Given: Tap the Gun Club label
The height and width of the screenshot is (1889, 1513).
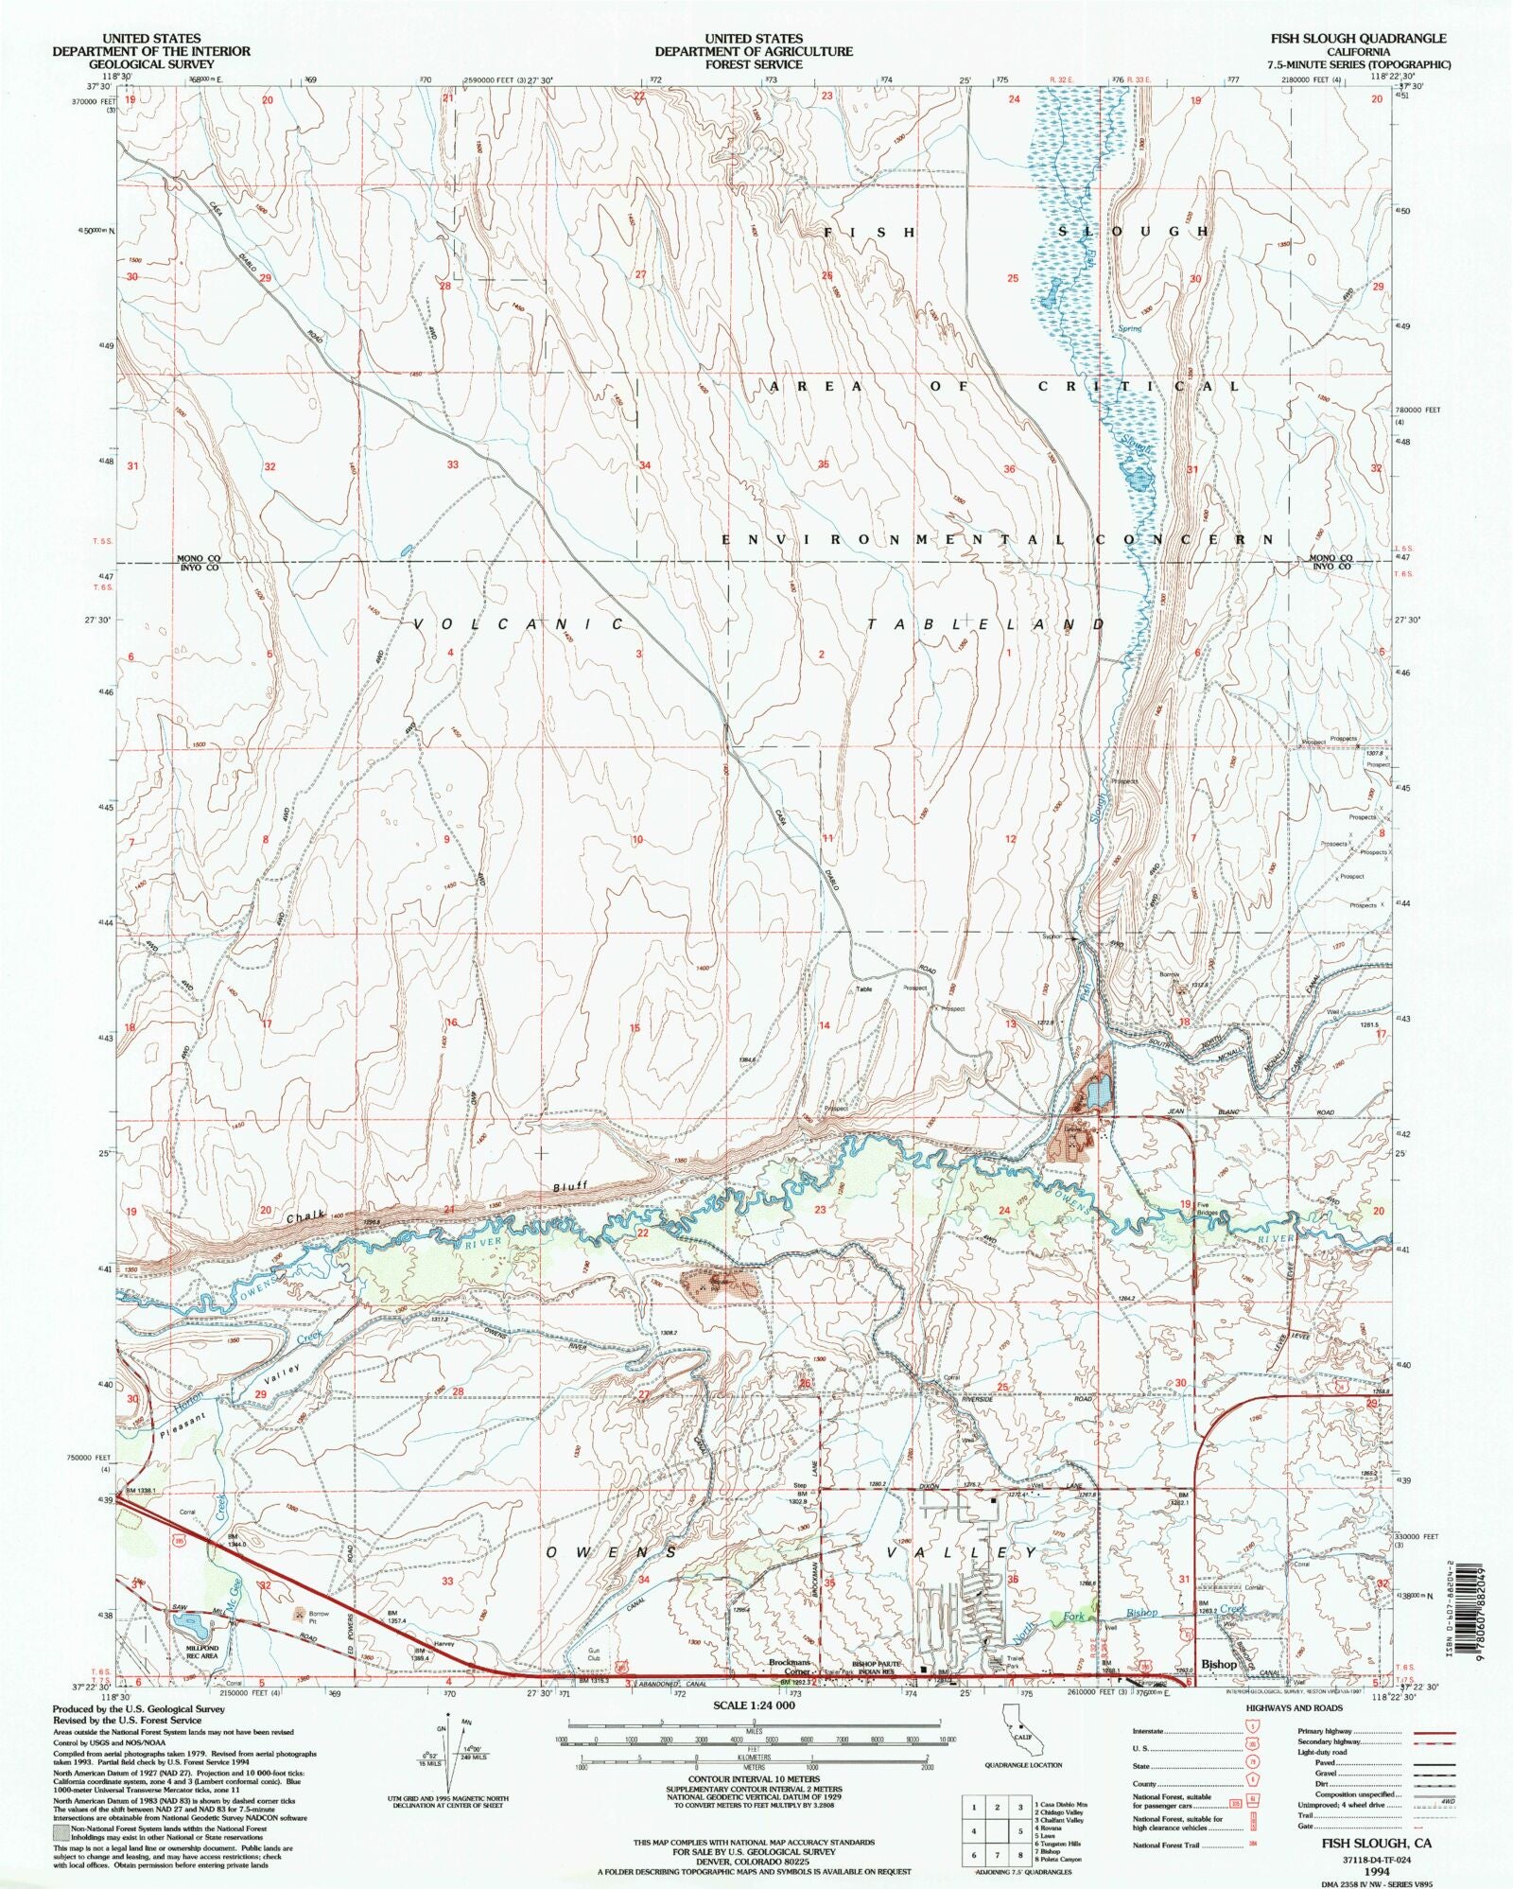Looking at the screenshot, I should point(594,1654).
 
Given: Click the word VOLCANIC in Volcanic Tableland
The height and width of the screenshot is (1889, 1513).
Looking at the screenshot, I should point(518,624).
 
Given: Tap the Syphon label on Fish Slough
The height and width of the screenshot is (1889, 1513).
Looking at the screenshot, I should point(1052,936).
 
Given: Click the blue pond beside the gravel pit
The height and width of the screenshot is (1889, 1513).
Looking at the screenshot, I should point(1097,1093).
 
